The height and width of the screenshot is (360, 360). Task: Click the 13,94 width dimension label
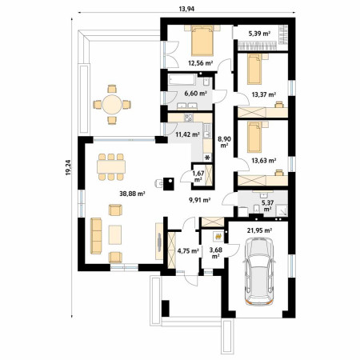(186, 9)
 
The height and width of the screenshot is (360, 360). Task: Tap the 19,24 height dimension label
(68, 167)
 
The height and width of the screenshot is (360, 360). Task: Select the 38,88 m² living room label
(132, 194)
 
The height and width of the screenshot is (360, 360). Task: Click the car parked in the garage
(259, 271)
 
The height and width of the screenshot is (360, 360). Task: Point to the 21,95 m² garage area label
(259, 230)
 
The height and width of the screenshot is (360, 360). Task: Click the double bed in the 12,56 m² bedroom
(202, 41)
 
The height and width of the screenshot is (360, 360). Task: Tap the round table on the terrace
(112, 104)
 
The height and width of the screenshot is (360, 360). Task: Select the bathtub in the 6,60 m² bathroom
(182, 80)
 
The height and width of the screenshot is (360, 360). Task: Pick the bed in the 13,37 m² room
(254, 69)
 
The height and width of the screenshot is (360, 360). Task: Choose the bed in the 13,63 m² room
(254, 137)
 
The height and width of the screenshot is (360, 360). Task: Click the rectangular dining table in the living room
(111, 166)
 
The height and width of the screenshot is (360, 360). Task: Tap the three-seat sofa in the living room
(96, 236)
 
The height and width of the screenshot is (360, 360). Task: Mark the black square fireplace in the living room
(169, 184)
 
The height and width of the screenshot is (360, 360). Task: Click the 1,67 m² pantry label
(198, 176)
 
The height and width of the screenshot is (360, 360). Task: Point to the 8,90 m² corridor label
(224, 142)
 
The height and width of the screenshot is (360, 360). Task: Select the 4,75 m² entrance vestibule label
(188, 250)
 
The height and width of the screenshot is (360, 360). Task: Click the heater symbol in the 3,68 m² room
(218, 235)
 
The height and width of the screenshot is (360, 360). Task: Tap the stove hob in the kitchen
(189, 118)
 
